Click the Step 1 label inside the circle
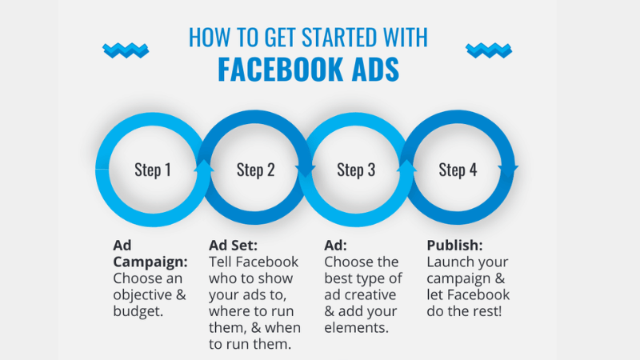point(152,170)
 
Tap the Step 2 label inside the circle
point(255,170)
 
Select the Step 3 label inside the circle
point(356,170)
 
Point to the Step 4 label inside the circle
point(458,170)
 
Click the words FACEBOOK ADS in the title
point(308,70)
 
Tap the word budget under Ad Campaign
point(137,312)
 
